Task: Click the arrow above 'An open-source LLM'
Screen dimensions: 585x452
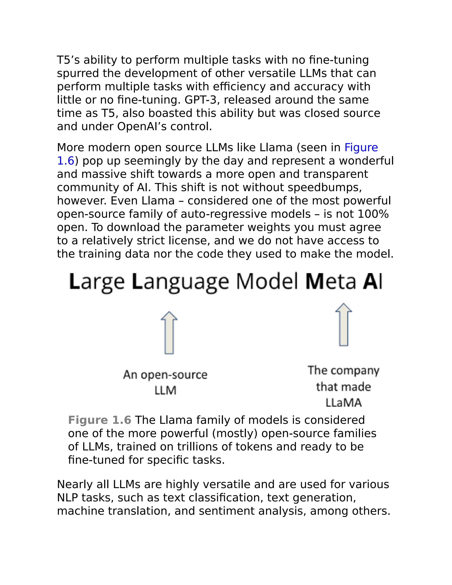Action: tap(169, 333)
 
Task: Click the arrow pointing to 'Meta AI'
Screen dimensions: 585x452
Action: tap(344, 325)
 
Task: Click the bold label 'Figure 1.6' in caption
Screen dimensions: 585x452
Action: tap(100, 420)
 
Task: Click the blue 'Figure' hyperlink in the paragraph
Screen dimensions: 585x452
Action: tap(361, 148)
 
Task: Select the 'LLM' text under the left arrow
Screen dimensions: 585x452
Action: tap(166, 391)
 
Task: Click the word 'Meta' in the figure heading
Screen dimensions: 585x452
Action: tap(330, 281)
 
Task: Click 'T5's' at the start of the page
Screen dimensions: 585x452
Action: tap(68, 60)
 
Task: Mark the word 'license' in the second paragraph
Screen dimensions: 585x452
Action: tap(188, 241)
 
